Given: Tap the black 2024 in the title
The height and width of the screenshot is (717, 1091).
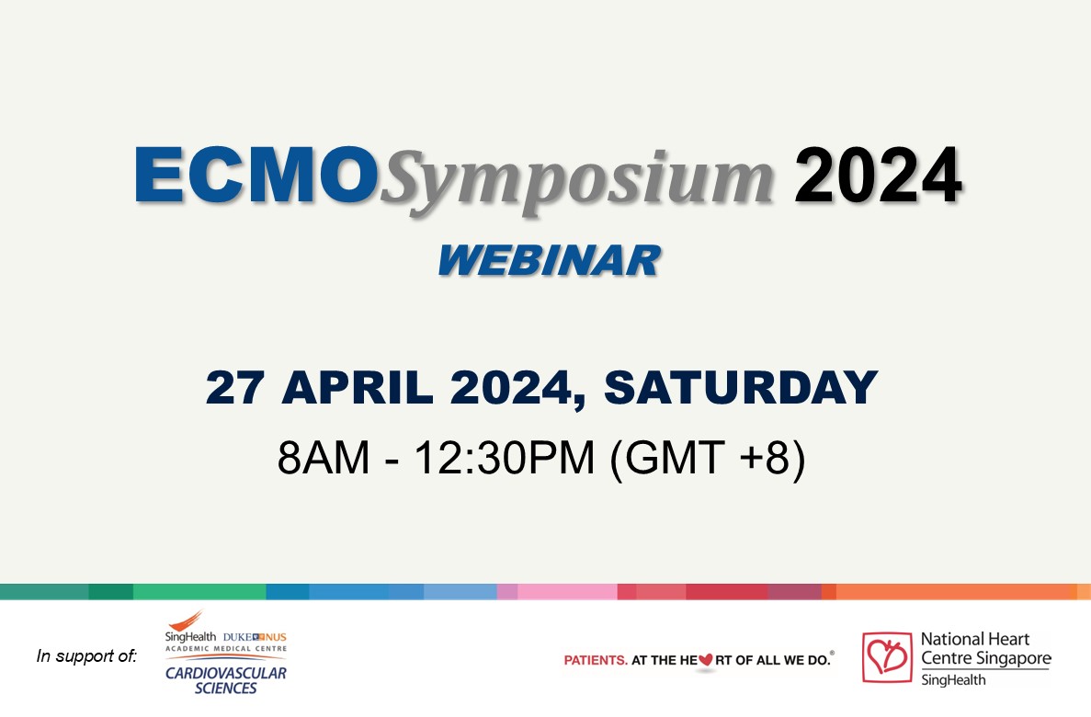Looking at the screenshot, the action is click(x=878, y=175).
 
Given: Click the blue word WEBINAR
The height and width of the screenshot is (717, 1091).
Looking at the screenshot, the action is click(x=550, y=260).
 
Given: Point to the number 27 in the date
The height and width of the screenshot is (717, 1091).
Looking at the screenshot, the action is click(x=235, y=387).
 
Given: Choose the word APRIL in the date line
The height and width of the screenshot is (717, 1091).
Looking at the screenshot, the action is click(x=358, y=387).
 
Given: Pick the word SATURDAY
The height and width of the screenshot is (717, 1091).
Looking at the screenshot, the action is click(x=741, y=387).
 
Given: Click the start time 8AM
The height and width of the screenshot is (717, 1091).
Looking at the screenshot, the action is click(x=324, y=458).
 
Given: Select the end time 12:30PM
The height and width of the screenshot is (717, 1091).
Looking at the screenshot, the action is click(x=505, y=458).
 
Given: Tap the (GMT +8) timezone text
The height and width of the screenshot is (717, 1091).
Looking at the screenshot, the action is click(x=708, y=459).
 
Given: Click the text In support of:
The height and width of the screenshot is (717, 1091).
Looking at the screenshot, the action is click(x=87, y=655).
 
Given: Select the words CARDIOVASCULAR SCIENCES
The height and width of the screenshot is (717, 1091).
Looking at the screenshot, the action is click(x=226, y=680).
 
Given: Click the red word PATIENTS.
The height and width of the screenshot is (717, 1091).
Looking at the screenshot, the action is click(x=596, y=660).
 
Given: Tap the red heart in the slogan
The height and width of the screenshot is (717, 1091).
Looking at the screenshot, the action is click(x=706, y=659).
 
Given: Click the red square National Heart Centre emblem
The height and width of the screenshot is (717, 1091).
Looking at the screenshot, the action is click(x=887, y=657).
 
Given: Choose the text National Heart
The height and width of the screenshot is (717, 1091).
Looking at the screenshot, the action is click(x=975, y=639).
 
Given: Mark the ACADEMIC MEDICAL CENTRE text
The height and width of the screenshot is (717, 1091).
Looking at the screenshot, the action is click(x=226, y=649).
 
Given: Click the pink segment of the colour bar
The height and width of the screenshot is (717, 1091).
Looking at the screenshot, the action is click(x=567, y=592).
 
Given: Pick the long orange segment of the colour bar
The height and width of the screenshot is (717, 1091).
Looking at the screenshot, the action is click(x=957, y=592).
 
